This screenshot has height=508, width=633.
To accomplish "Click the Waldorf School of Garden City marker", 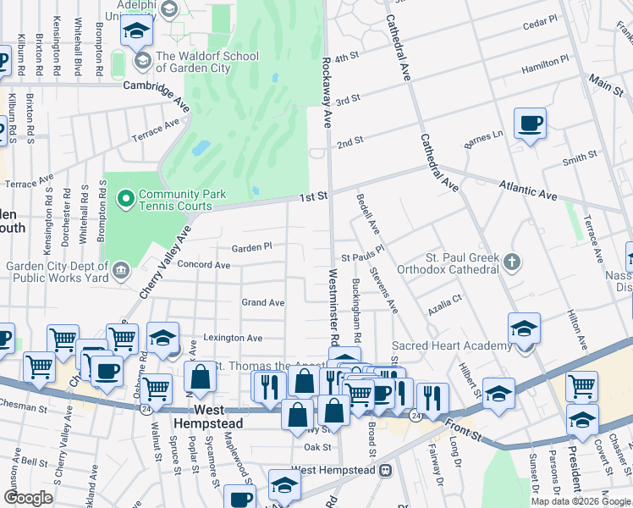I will coord(142,61).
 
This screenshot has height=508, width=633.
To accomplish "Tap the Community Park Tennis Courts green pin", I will coord(126,200).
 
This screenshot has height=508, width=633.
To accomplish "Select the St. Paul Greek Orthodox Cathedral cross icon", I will coord(511,262).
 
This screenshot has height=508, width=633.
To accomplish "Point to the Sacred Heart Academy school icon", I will coord(524,328).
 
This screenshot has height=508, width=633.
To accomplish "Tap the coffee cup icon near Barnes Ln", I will coord(530,124).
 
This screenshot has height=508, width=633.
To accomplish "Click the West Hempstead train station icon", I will coord(385,469).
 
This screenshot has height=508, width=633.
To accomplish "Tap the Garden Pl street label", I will coord(251,247).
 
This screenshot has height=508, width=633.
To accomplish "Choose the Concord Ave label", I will coord(204,265).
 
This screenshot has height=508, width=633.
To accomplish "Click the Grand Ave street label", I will coord(263,302).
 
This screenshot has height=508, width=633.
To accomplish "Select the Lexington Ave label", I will coord(232,338).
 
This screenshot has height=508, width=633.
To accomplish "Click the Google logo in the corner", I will coord(28,498).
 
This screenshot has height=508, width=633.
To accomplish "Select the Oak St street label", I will coord(317,447).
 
